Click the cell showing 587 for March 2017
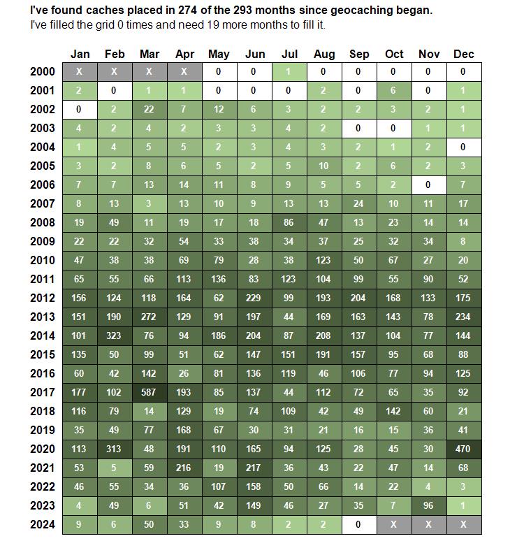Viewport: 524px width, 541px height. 150,393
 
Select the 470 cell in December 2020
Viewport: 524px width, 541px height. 464,449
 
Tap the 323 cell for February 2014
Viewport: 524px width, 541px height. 115,336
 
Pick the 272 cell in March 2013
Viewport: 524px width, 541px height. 150,317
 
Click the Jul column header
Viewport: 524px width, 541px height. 289,54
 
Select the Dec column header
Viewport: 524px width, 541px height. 464,54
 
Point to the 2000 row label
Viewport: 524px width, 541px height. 43,72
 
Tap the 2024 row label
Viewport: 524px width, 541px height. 43,525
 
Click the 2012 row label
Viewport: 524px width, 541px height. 43,298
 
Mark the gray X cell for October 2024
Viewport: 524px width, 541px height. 394,525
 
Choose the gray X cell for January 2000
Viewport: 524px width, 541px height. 80,72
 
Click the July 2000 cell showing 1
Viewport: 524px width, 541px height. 289,72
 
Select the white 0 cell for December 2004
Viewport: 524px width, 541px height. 464,147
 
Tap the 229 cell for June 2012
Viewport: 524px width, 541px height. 254,298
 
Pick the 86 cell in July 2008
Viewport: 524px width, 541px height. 289,222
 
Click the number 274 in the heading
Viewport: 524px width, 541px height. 187,10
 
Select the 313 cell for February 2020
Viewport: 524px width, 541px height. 115,449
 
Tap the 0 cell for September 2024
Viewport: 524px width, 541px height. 359,525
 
